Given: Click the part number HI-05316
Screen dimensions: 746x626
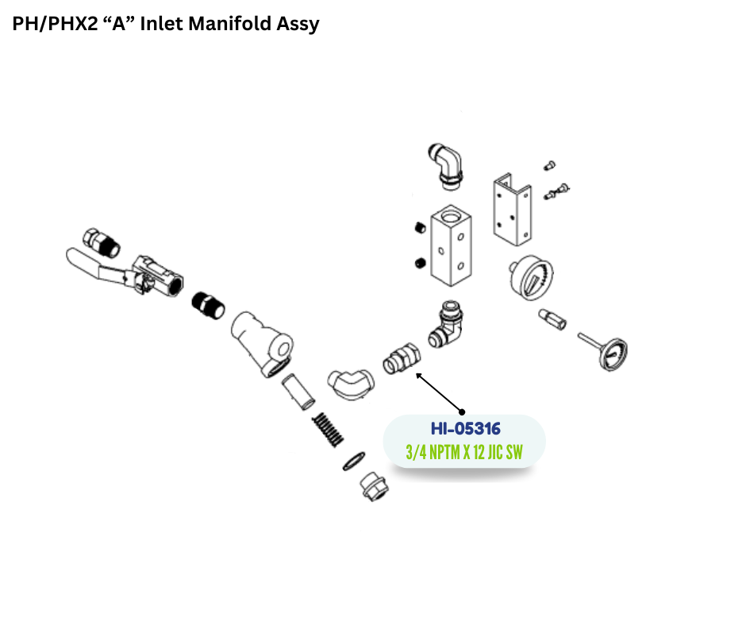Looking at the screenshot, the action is click(x=465, y=429).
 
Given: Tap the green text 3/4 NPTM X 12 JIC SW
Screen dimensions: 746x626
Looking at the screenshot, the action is click(x=464, y=452).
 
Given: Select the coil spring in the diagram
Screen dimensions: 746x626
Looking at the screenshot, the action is click(x=328, y=429).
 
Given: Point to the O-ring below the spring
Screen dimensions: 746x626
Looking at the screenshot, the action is click(x=354, y=462).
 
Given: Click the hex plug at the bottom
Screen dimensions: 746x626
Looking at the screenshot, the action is click(x=374, y=486).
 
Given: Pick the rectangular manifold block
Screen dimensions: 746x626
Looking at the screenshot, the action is click(x=451, y=245).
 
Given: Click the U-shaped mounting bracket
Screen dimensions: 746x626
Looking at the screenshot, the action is click(x=512, y=210).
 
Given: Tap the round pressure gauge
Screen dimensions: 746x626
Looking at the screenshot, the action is click(x=531, y=278).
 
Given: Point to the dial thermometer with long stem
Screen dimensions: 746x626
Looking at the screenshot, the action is click(x=604, y=350).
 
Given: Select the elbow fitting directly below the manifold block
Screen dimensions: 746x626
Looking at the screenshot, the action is click(x=446, y=324).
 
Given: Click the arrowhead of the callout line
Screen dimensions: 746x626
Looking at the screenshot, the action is click(x=418, y=376).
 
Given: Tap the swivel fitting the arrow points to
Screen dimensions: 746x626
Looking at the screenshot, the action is click(x=402, y=359).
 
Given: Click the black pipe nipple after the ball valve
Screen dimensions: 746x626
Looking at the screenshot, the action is click(x=208, y=305).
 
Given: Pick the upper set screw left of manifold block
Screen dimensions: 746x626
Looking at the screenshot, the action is click(x=420, y=228).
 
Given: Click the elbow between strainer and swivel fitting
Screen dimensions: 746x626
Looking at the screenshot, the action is click(x=351, y=384).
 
